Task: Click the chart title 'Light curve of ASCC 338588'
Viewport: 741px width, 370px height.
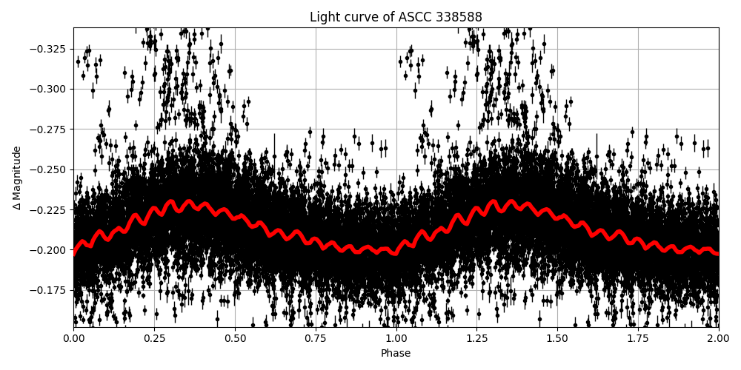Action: click(396, 17)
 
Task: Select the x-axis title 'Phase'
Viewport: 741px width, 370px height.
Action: click(396, 354)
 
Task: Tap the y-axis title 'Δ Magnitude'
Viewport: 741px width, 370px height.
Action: click(17, 178)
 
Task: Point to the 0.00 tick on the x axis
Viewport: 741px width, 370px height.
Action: click(73, 338)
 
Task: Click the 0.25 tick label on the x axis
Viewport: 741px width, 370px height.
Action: click(154, 338)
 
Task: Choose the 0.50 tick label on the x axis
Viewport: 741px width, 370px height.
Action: click(235, 338)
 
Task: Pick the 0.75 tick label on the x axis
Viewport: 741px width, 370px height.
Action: click(315, 338)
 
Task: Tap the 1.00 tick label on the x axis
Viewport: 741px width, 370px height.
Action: click(396, 338)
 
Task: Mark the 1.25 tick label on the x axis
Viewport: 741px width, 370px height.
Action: click(476, 338)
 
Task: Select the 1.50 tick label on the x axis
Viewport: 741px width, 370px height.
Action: click(557, 338)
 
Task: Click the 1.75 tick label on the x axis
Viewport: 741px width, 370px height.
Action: click(638, 338)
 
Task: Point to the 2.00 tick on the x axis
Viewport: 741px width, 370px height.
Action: click(718, 338)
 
